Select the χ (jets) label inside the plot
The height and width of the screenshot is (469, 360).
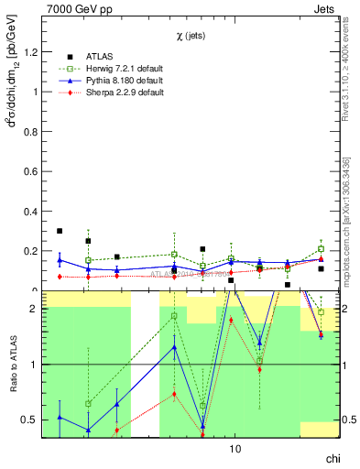click(191, 35)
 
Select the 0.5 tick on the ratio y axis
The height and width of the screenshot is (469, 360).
click(31, 420)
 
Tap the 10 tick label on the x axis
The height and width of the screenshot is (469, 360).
click(235, 449)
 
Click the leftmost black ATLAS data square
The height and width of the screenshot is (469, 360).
click(60, 231)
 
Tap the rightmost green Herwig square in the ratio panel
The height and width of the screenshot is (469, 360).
click(322, 312)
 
